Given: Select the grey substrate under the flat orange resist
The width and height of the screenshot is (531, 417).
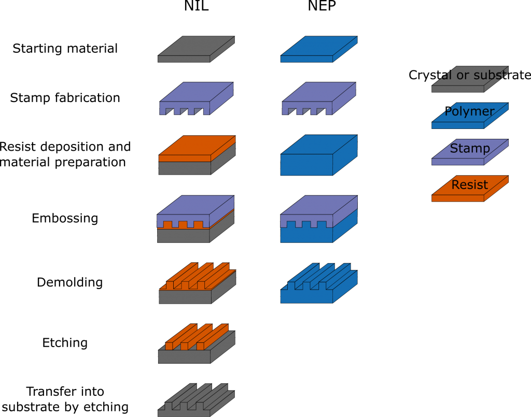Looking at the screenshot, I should (185, 168).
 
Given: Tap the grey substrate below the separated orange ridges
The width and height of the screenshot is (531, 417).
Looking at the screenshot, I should (185, 356).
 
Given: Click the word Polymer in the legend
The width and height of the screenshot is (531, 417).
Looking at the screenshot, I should (469, 111).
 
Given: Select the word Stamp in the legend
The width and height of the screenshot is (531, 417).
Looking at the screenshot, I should (470, 149).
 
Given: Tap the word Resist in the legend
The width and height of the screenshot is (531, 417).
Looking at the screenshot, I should (470, 185).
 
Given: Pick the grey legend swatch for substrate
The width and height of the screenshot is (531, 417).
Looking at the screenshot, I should (458, 89).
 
